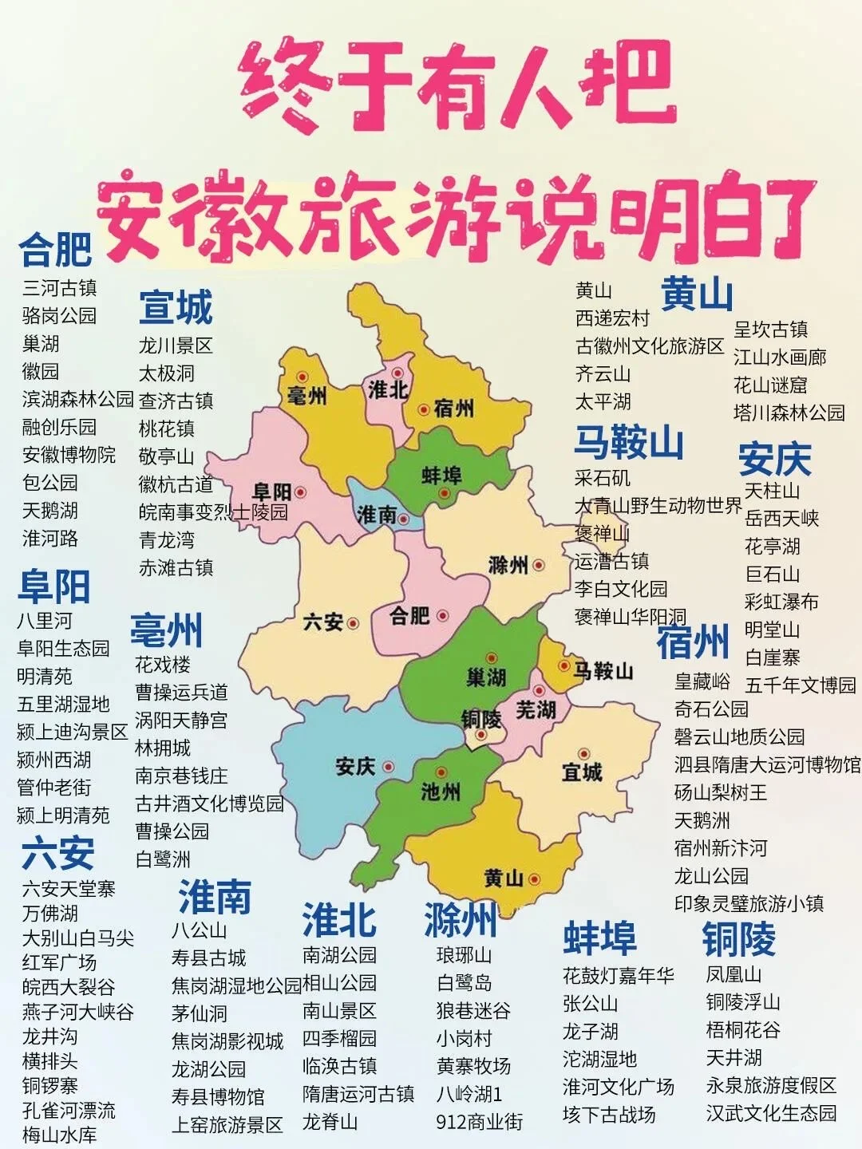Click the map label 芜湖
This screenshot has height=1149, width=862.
tap(535, 709)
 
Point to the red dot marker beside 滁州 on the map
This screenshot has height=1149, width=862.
tap(539, 565)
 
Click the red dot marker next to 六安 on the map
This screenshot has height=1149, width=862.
tap(353, 622)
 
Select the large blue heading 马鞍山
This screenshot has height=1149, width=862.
tap(629, 442)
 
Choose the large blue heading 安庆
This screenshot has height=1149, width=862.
tap(774, 459)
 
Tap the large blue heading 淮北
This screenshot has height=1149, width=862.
tap(339, 920)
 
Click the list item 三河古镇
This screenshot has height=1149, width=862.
tap(59, 287)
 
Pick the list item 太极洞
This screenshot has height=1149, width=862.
tap(167, 373)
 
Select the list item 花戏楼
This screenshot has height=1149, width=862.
tap(163, 665)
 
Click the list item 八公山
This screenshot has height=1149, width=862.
tap(200, 930)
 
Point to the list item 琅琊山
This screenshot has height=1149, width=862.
tap(464, 955)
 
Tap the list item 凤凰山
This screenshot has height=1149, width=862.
tap(733, 974)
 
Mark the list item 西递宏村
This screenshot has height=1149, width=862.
tap(613, 318)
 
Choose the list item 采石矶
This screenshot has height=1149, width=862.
tap(603, 478)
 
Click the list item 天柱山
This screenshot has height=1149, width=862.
tap(772, 490)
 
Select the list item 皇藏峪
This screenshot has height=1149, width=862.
tap(702, 681)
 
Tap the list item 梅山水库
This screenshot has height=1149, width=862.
tap(59, 1134)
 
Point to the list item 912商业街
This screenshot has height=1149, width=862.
tap(479, 1121)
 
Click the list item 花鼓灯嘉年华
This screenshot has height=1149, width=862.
tap(619, 975)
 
